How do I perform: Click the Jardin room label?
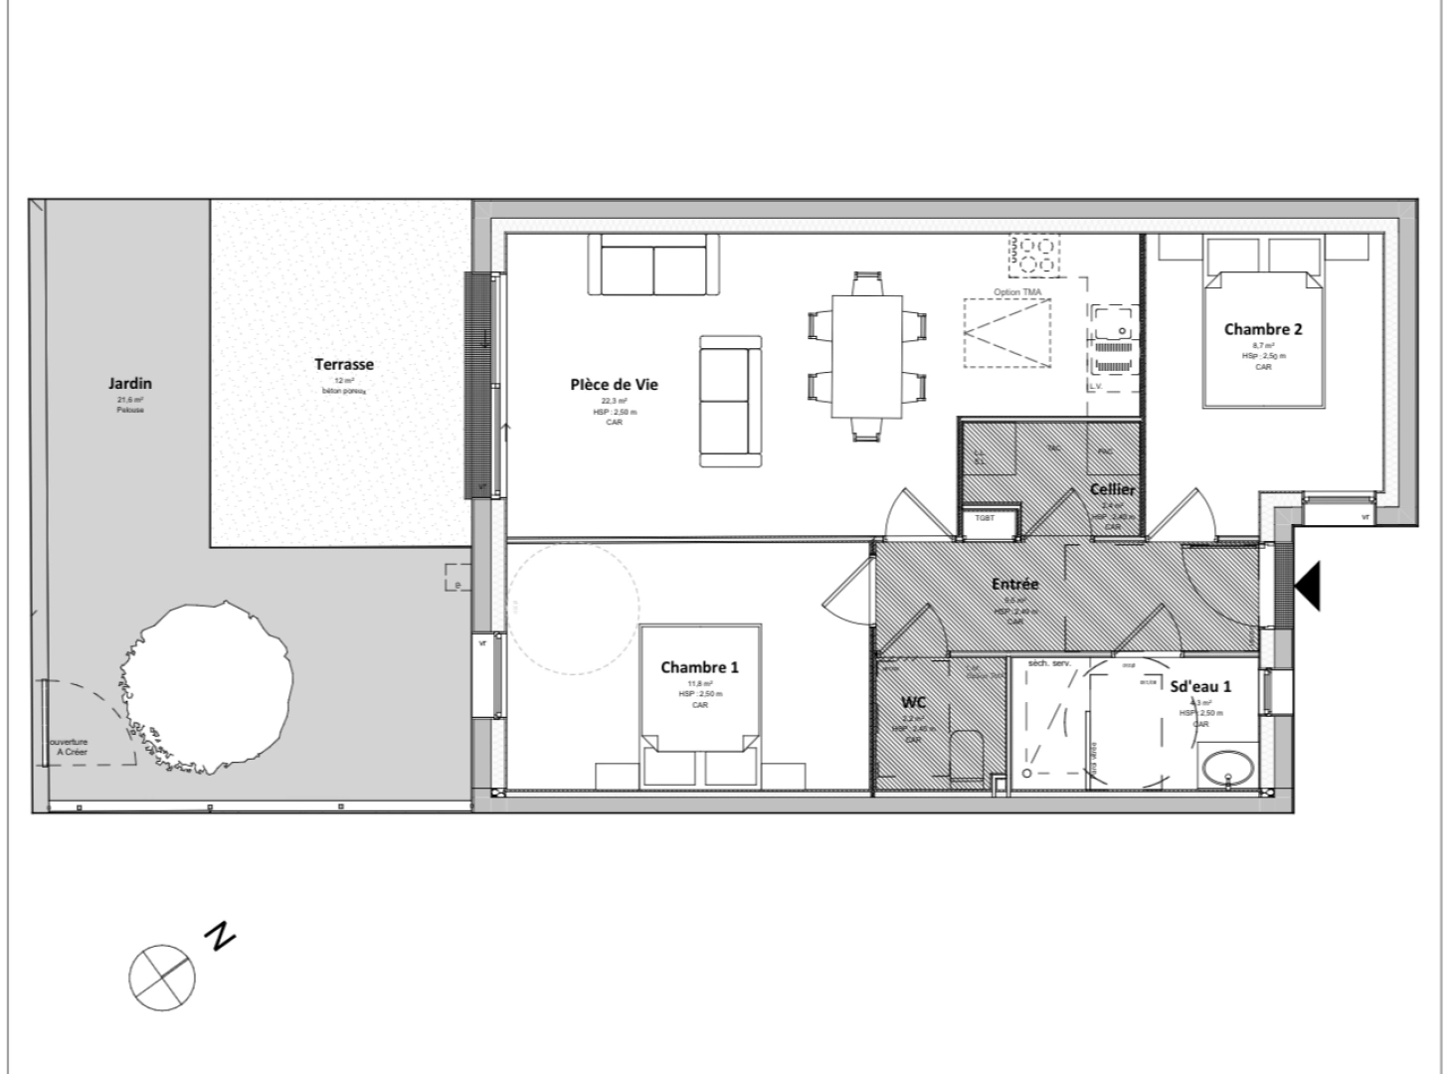click(130, 383)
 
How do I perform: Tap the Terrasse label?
click(344, 365)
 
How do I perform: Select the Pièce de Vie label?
click(614, 385)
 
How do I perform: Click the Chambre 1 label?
click(699, 667)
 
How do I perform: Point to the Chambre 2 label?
click(1263, 329)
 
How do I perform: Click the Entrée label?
click(1014, 584)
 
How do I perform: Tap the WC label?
click(913, 702)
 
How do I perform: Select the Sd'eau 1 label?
click(1200, 686)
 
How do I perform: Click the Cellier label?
click(1112, 489)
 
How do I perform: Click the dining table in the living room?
click(866, 355)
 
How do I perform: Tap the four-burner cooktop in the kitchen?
click(1034, 255)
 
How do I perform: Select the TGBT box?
click(985, 519)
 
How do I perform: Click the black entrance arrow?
click(1308, 585)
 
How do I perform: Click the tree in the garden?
click(209, 686)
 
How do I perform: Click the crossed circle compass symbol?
click(161, 978)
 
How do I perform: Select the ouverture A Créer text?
click(69, 747)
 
